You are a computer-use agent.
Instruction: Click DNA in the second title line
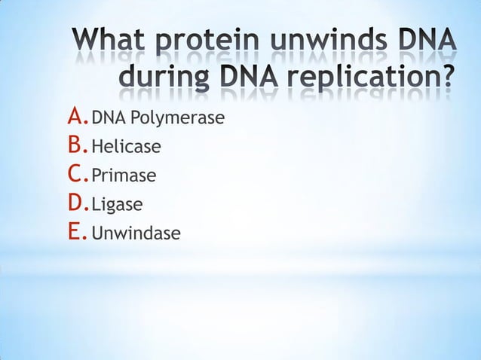247,78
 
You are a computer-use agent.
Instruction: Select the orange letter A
76,116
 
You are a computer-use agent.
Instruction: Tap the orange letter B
76,145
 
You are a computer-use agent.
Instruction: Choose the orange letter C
76,174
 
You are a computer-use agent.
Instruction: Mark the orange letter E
75,232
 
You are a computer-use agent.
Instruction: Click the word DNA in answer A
106,118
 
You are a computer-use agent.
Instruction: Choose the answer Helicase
126,147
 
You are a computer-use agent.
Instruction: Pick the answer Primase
124,176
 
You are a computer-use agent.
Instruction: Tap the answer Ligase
117,205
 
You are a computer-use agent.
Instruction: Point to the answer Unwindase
136,233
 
